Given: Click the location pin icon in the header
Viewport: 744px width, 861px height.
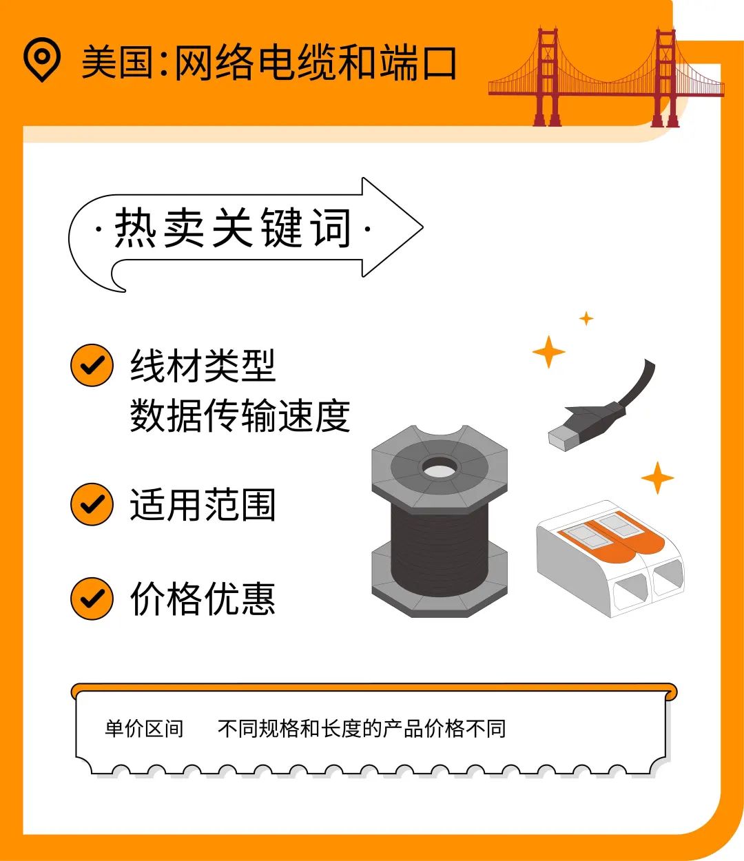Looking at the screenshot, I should click(x=42, y=60).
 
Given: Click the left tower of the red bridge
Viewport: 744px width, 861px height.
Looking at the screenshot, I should click(x=548, y=76).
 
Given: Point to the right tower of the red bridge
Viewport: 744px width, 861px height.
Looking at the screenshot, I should click(x=665, y=76).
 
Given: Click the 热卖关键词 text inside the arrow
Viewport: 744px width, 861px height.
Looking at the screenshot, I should click(x=233, y=228).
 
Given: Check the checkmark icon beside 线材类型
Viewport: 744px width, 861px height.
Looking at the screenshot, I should click(x=92, y=365).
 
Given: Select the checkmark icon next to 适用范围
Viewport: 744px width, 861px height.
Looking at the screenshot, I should click(x=92, y=504).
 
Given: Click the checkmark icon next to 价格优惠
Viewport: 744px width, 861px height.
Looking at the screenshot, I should click(x=92, y=598).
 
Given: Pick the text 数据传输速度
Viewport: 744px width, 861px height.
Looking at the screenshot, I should click(x=240, y=415).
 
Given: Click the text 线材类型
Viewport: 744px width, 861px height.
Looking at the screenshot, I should click(x=203, y=366).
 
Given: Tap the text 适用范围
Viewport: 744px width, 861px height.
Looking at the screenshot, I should click(x=203, y=505).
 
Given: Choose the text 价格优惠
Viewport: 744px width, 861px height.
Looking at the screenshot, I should click(x=203, y=598).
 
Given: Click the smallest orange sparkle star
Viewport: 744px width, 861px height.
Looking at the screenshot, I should click(x=586, y=318).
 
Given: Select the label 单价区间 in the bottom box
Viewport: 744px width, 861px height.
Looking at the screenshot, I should click(x=144, y=728).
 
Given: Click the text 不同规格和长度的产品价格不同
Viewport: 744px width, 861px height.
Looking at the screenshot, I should click(x=362, y=728).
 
